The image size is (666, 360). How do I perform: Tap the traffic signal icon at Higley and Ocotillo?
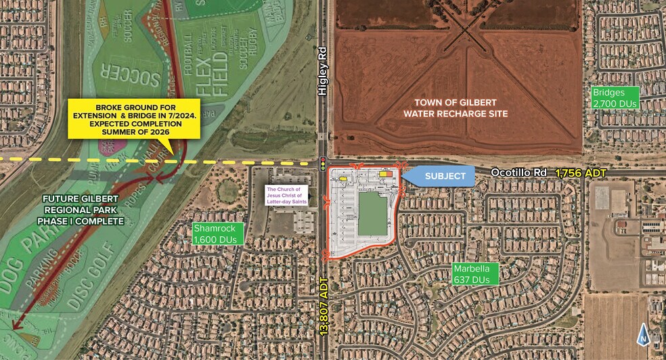[324, 162]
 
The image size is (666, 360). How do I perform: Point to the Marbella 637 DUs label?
[476, 273]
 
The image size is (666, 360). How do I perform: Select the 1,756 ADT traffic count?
[581, 173]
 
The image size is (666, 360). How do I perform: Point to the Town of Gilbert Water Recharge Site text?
[455, 108]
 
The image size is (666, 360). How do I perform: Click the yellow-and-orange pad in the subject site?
[386, 174]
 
